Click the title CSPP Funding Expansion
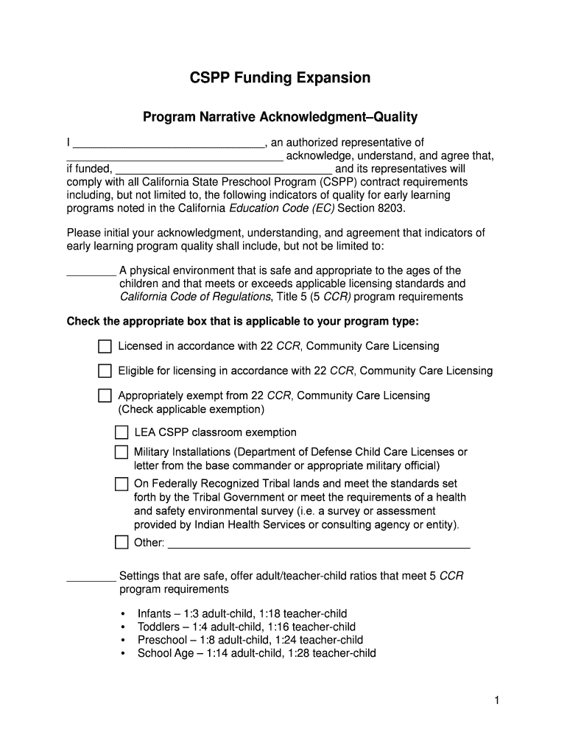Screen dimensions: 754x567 tap(280, 78)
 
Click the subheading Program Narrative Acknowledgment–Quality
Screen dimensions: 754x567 tap(280, 117)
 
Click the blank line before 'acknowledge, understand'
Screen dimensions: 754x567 tap(175, 157)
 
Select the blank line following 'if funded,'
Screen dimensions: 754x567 tap(223, 169)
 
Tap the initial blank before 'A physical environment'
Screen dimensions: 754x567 tap(91, 272)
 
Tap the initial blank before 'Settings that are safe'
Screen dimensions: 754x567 tap(91, 578)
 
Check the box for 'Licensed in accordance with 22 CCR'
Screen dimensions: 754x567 tap(105, 346)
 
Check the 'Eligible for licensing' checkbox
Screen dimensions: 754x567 tap(105, 370)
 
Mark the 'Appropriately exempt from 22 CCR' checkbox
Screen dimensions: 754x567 tap(105, 395)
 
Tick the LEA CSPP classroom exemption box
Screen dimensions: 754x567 tap(121, 432)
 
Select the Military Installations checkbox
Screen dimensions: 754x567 tap(121, 452)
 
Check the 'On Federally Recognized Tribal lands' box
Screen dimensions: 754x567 tap(121, 484)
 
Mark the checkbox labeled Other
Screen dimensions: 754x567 tap(121, 543)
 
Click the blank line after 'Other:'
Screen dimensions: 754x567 tap(320, 545)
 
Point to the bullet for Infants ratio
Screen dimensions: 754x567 tap(122, 614)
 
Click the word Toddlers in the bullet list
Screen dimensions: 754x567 tap(158, 627)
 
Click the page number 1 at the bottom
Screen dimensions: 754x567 tap(497, 702)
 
